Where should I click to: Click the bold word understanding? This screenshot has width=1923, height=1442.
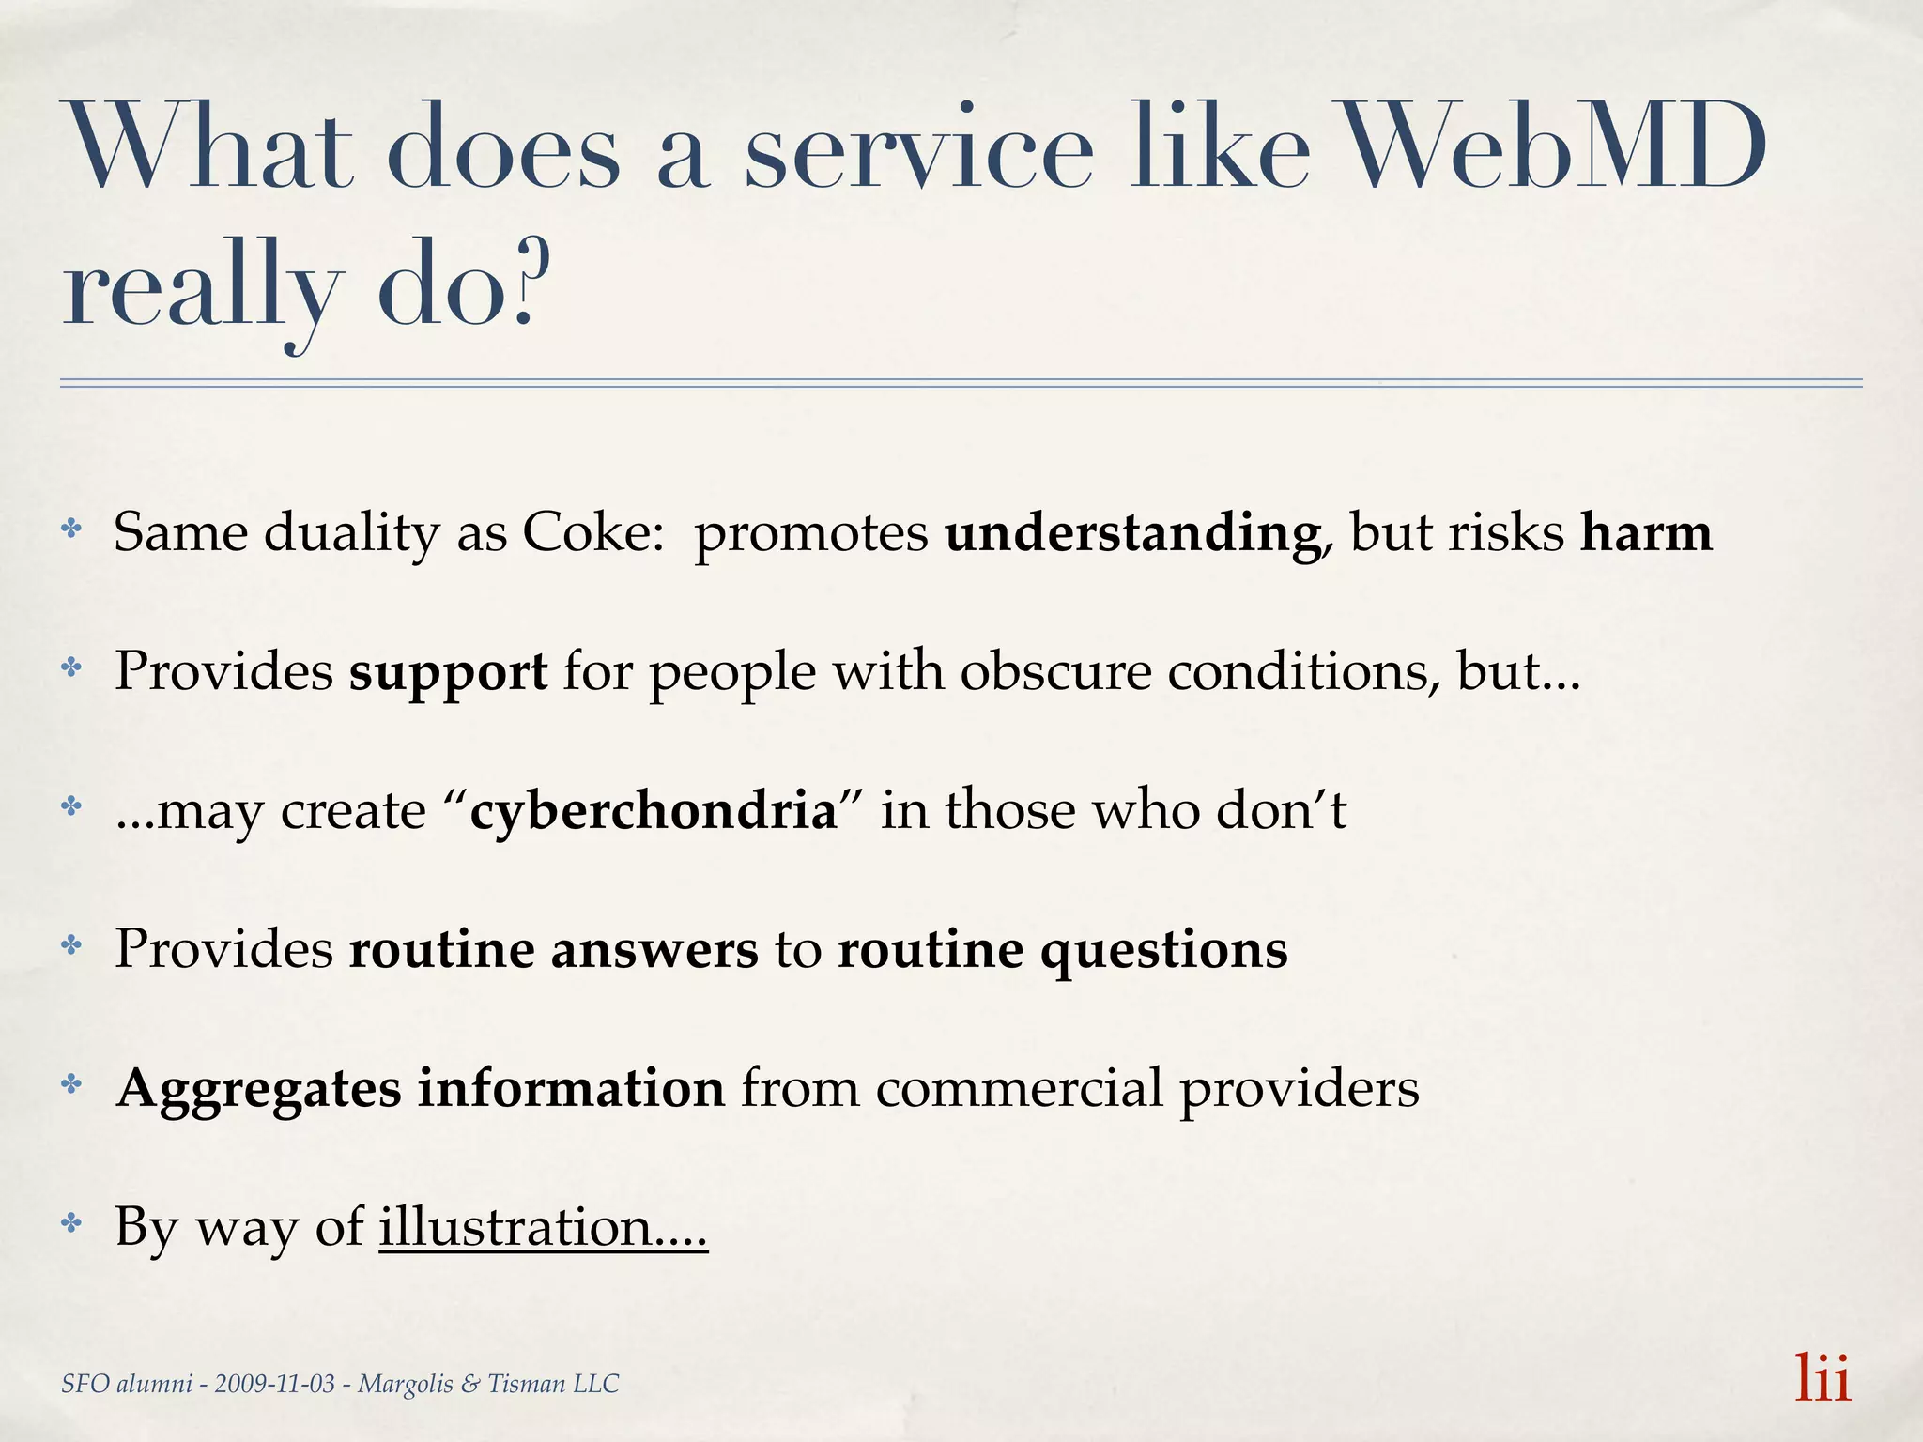[x=1132, y=534]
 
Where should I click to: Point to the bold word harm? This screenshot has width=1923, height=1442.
[x=1646, y=532]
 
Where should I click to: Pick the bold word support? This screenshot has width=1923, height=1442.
[x=448, y=672]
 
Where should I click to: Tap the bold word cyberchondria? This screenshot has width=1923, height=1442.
[x=654, y=809]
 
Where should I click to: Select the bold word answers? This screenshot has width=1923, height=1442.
[x=654, y=949]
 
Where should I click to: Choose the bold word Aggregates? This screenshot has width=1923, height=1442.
[x=258, y=1089]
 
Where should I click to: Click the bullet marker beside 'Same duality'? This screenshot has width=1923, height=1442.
[x=71, y=529]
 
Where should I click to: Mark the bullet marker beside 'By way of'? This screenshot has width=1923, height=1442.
[x=71, y=1223]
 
